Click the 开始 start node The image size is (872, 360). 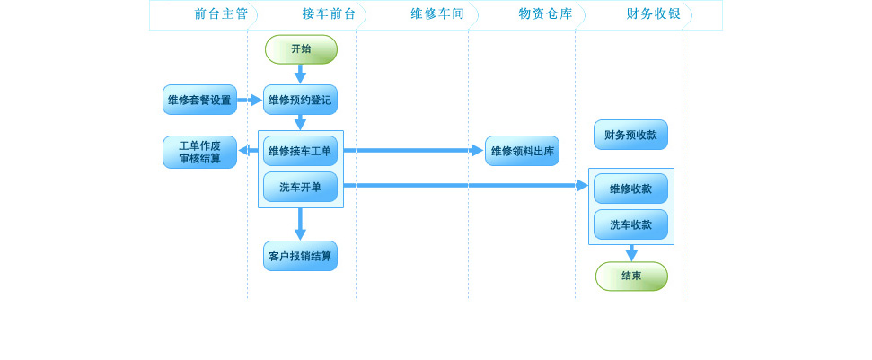pos(301,49)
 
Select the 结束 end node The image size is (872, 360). pos(631,277)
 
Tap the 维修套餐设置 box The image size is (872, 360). pos(199,100)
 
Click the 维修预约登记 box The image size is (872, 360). pos(300,100)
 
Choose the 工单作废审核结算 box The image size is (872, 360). pos(199,152)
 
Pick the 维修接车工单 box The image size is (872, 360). pos(300,151)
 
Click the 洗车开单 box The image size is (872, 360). pos(300,187)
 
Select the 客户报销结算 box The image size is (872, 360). pos(300,256)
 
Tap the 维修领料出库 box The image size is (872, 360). pos(522,151)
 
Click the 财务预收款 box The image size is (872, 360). pos(630,135)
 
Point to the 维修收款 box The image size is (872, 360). pos(630,189)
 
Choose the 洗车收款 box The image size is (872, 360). pos(630,224)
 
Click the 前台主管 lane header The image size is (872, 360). pos(221,14)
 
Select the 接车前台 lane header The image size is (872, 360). pos(329,14)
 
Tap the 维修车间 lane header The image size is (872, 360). pos(437,14)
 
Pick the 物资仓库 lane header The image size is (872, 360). pos(545,14)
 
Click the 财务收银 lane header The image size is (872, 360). pos(653,14)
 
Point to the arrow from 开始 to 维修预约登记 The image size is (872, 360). pos(300,74)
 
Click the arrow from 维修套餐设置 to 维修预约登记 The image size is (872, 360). pos(250,100)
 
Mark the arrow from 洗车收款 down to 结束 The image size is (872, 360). pos(631,252)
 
